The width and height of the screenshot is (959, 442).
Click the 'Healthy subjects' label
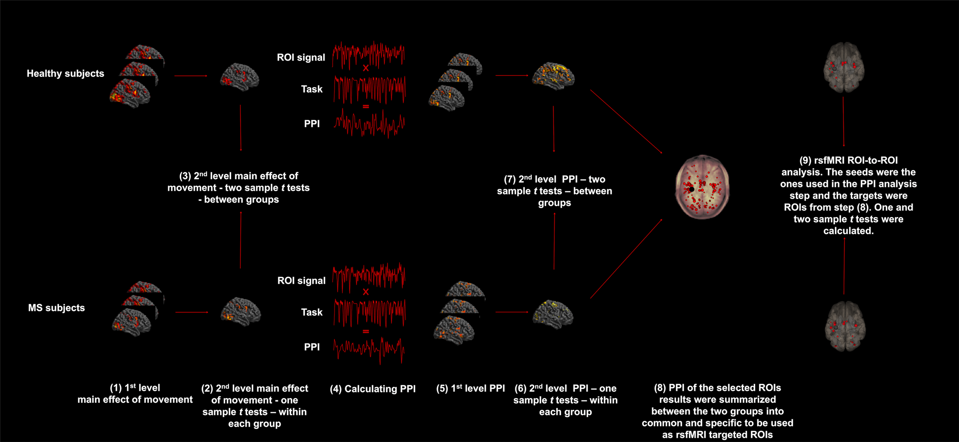click(x=66, y=73)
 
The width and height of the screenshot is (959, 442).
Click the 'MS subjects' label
click(x=57, y=307)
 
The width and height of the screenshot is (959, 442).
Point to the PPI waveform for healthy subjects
click(x=369, y=123)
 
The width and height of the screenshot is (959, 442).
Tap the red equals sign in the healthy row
click(x=366, y=106)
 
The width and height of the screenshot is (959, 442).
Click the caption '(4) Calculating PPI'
click(x=373, y=389)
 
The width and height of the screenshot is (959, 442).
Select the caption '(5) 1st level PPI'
click(x=470, y=388)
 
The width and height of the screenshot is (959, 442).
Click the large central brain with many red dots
click(x=702, y=187)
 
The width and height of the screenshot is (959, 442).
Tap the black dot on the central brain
click(x=691, y=189)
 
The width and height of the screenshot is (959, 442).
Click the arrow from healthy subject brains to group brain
click(x=191, y=76)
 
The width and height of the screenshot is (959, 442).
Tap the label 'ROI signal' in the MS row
click(x=302, y=281)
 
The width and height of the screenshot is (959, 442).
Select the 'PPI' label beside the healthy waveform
click(x=312, y=124)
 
